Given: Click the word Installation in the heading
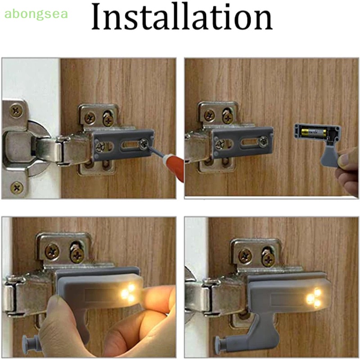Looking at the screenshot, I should [x=181, y=18].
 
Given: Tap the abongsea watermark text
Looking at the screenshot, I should [x=36, y=13].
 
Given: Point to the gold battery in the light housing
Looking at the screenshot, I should [x=313, y=133].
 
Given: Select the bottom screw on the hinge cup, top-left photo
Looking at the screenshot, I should [x=17, y=186].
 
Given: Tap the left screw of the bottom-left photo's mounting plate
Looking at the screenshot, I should [x=52, y=251].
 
